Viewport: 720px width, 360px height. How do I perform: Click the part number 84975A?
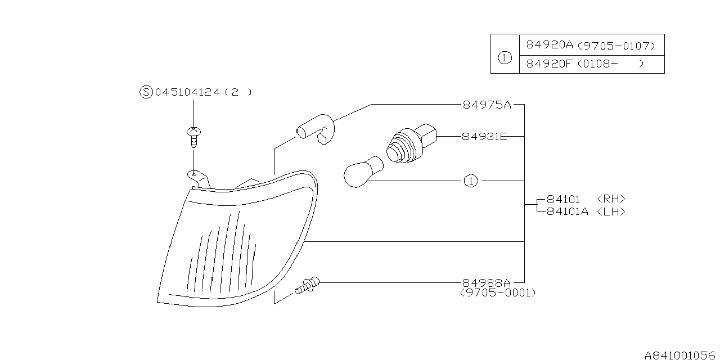pos(487,105)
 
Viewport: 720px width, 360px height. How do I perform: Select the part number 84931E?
pos(484,136)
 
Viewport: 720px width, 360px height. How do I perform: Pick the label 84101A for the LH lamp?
pos(567,211)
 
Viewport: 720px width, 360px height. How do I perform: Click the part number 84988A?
pos(487,282)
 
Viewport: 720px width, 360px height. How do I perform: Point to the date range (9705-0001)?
pos(498,293)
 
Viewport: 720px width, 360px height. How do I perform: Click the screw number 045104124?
pos(188,92)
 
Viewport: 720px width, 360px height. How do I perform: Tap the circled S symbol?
pos(146,92)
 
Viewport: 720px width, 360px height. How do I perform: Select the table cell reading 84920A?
pos(548,45)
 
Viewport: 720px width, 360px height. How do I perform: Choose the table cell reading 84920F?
pos(548,64)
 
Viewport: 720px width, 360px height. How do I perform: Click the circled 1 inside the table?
pos(505,57)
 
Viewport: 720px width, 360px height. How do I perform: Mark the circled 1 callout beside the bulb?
pos(471,181)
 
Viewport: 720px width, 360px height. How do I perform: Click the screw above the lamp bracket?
pos(193,137)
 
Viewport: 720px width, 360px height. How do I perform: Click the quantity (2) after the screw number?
pos(238,92)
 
